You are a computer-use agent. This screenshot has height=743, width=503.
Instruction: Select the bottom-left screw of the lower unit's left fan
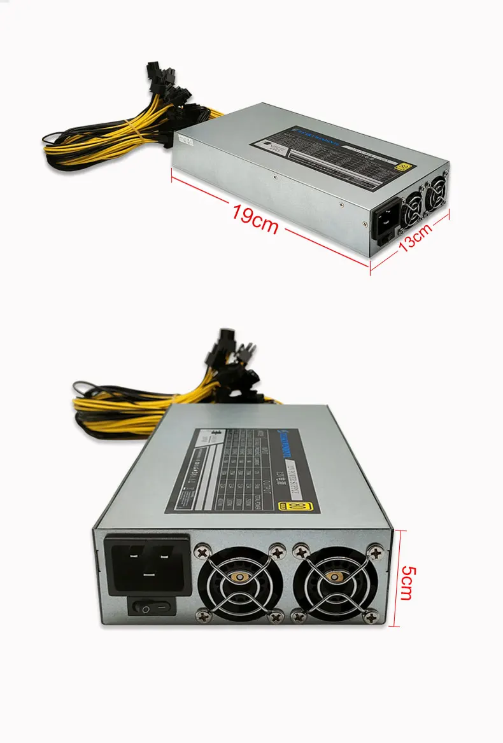(x=202, y=614)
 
